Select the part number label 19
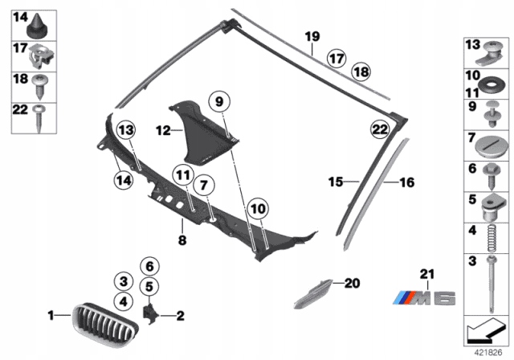click(x=312, y=36)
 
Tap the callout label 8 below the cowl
click(x=182, y=239)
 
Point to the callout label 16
click(x=406, y=183)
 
